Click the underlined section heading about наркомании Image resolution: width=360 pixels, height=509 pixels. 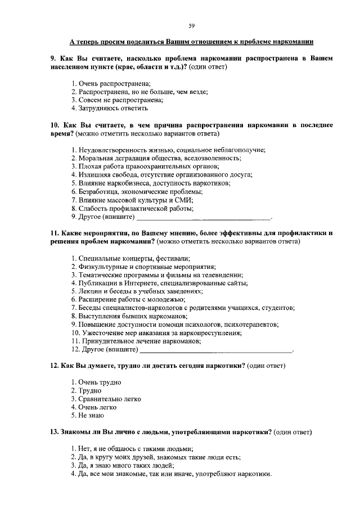tap(191, 42)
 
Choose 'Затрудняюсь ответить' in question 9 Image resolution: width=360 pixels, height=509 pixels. tap(109, 108)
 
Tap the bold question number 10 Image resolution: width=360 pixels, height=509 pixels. tap(55, 125)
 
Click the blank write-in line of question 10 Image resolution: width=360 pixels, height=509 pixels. tap(204, 217)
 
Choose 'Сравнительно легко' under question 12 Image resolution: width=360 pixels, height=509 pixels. tap(106, 399)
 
